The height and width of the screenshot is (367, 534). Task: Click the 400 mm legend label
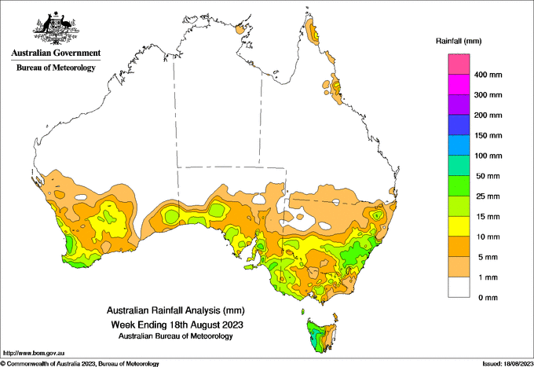coord(488,75)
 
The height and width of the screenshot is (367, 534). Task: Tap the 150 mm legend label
coord(488,136)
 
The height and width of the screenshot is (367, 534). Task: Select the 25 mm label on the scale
coord(488,196)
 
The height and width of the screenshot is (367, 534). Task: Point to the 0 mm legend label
coord(488,298)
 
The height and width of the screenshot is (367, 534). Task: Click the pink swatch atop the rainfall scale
coord(459,64)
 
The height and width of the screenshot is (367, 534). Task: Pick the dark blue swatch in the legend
coord(459,125)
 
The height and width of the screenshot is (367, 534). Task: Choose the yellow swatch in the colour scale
coord(459,226)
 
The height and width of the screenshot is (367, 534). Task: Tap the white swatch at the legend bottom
coord(459,288)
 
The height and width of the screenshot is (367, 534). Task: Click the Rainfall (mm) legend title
coord(459,41)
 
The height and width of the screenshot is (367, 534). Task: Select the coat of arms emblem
coord(57,28)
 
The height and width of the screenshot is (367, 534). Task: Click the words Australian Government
coord(56,53)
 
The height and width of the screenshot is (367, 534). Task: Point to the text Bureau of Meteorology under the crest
coord(56,68)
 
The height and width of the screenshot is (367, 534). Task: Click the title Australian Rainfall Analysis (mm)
coord(176,310)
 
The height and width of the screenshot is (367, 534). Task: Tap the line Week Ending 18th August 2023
coord(177,324)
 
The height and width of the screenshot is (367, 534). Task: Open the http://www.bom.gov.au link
coord(34,353)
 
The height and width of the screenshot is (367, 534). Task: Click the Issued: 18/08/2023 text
coord(507,364)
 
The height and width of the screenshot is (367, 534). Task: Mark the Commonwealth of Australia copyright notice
coord(80,364)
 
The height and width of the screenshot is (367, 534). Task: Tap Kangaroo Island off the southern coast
coord(252,267)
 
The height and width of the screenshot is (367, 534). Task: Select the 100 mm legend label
coord(488,156)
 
